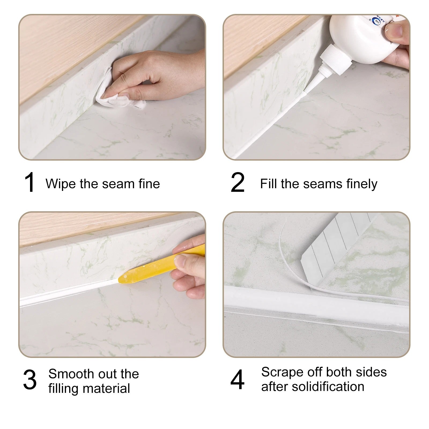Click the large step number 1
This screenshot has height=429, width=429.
[29, 183]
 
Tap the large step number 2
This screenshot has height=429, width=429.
[238, 183]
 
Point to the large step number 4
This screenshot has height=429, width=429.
[238, 380]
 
